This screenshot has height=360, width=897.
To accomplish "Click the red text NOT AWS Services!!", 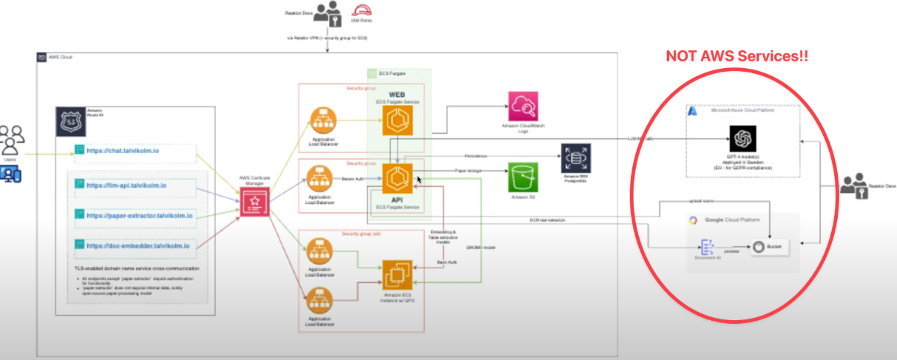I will pyautogui.click(x=737, y=56).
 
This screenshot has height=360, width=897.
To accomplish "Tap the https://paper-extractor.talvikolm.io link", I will pyautogui.click(x=140, y=216).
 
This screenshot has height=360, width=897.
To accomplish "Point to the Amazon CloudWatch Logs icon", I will pyautogui.click(x=525, y=108).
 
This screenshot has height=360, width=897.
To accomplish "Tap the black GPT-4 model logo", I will pyautogui.click(x=742, y=138).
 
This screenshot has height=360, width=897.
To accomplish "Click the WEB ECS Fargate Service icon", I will pyautogui.click(x=397, y=120).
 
